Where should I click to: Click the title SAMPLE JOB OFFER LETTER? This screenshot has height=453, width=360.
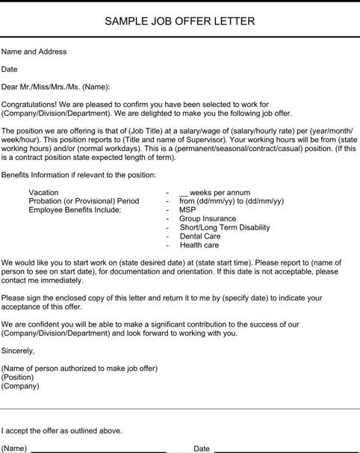click(180, 21)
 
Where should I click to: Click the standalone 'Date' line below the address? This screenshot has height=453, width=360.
click(10, 69)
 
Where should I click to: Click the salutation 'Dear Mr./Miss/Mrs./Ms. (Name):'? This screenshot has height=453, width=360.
click(56, 86)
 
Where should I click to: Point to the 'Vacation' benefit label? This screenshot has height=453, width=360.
click(43, 192)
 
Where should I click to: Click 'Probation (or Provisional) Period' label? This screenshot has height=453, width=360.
click(84, 201)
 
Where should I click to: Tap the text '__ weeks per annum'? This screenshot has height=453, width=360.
click(214, 192)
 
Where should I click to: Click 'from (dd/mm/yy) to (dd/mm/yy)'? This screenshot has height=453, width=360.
click(232, 201)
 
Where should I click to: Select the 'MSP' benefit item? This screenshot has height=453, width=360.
click(187, 210)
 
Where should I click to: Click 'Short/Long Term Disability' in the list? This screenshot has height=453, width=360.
click(225, 228)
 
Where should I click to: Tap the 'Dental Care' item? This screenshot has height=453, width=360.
click(200, 236)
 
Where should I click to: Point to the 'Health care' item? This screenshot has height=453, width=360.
click(199, 245)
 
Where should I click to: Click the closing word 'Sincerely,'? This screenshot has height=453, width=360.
click(19, 350)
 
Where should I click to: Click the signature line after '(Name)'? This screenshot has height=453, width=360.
click(98, 451)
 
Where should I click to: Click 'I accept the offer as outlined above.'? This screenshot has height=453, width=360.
click(62, 431)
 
